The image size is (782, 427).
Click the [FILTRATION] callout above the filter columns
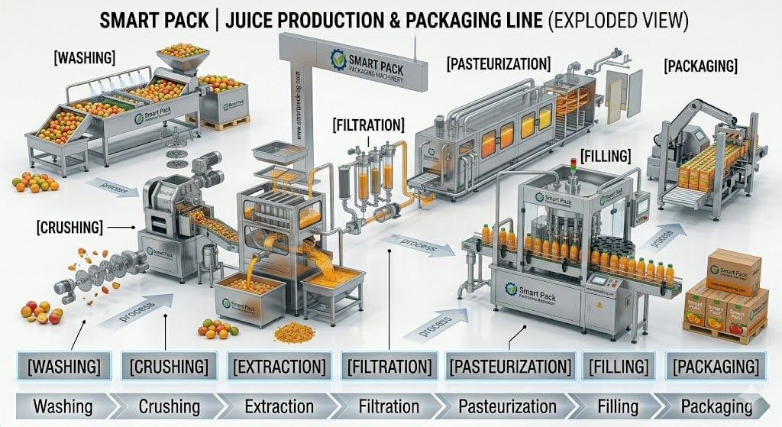369,123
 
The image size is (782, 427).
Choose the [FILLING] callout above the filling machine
606,156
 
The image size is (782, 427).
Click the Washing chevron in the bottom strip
53,406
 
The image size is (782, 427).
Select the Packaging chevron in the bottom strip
716,406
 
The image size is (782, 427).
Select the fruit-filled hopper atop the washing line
182,55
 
